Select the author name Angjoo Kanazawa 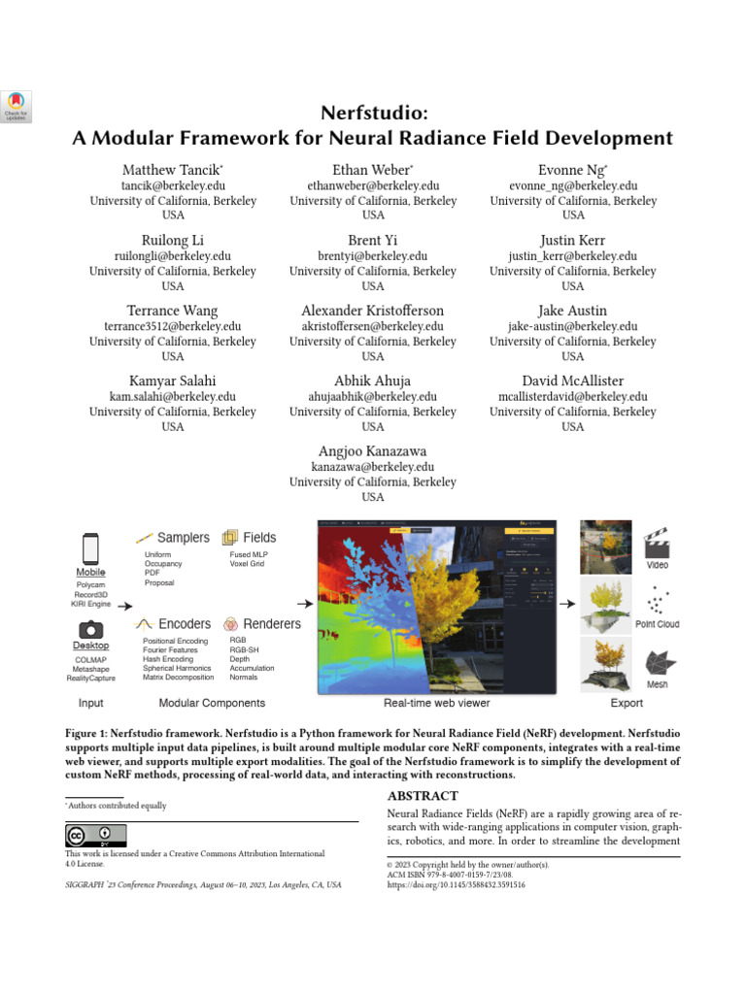[x=373, y=451]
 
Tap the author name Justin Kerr [x=573, y=241]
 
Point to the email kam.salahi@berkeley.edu [x=173, y=397]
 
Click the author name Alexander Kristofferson [x=373, y=311]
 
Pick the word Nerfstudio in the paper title [x=373, y=113]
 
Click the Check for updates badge [x=17, y=107]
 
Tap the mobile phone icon [x=90, y=549]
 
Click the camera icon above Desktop [x=90, y=629]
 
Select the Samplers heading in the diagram [x=183, y=538]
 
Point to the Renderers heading [x=272, y=624]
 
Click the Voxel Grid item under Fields [x=247, y=564]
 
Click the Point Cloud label [x=657, y=624]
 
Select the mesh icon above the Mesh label [x=660, y=663]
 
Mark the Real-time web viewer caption [x=436, y=703]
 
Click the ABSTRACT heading [x=423, y=796]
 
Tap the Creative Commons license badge [x=95, y=836]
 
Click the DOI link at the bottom [x=456, y=885]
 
